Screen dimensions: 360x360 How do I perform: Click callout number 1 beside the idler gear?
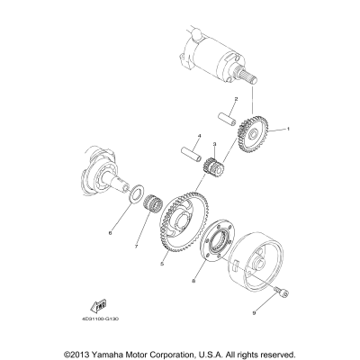(x=290, y=130)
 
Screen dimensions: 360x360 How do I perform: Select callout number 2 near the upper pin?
(x=235, y=99)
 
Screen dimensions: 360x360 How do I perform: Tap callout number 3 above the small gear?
(x=214, y=144)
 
